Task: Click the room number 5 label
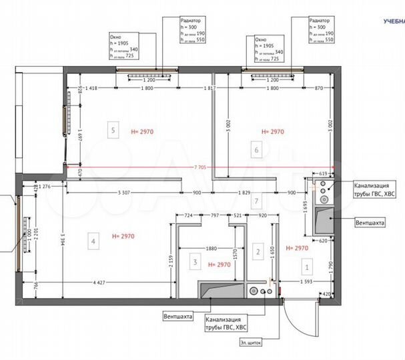(114, 131)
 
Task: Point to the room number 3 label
(195, 263)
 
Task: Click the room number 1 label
(307, 267)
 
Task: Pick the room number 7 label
(256, 199)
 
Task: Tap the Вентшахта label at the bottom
(177, 318)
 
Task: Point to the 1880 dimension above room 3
(212, 249)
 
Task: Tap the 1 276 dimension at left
(45, 187)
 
